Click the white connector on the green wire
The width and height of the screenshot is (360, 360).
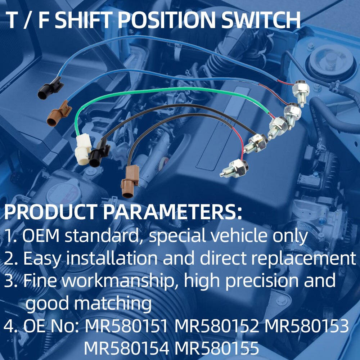tap(83, 149)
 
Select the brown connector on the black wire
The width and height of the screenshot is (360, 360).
tap(130, 181)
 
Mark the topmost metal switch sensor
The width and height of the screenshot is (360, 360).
tap(301, 92)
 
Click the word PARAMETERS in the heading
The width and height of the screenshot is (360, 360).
tap(172, 212)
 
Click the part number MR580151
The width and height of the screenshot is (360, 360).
tap(126, 326)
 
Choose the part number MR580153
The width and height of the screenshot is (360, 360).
tap(306, 326)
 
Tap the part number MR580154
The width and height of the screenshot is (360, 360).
tap(126, 348)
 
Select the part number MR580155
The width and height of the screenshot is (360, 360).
tap(217, 348)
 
